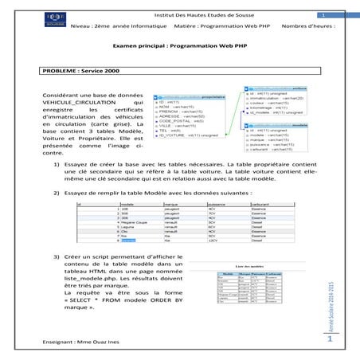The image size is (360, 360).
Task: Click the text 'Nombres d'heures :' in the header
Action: click(x=308, y=25)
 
